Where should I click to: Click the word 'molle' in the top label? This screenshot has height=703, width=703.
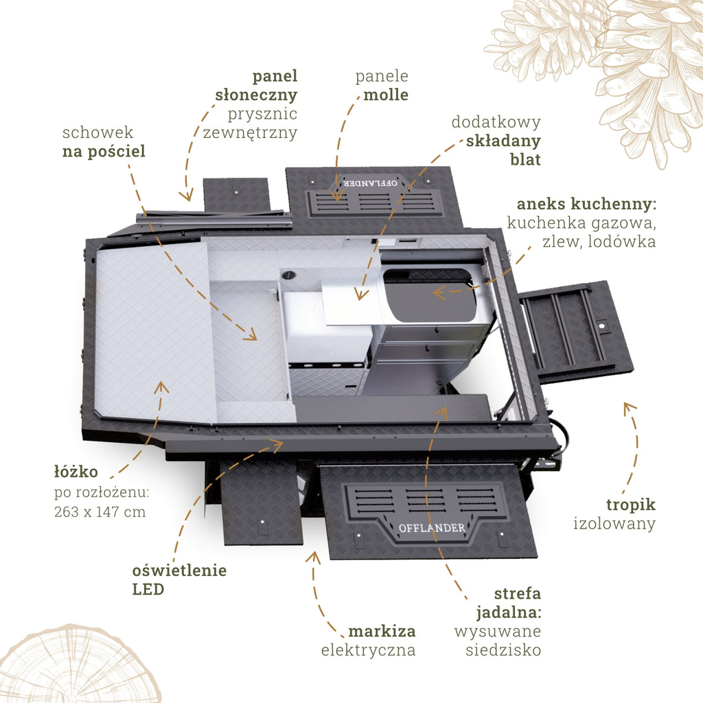coord(386,95)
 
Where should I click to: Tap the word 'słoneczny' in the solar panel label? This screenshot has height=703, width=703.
coord(256,95)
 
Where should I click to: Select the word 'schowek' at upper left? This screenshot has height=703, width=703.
coord(97,132)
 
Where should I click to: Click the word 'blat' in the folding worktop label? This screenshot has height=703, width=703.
coord(525,159)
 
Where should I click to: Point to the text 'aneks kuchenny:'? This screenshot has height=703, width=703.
coord(586,204)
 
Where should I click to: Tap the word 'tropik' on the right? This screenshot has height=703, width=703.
coord(631,505)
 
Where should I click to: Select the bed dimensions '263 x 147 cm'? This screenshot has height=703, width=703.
coord(100,511)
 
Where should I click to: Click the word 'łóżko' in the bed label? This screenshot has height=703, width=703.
coord(76,472)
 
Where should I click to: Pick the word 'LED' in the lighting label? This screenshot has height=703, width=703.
coord(148,589)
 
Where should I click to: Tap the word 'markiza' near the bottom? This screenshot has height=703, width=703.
coord(382,632)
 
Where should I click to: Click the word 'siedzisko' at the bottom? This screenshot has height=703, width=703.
coord(503,650)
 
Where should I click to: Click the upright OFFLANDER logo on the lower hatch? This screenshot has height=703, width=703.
coord(432,528)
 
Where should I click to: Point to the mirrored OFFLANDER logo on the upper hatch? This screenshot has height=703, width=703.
coord(370,183)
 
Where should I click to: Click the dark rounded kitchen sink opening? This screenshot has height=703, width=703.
coord(430,295)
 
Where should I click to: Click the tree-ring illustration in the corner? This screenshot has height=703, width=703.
coord(77,665)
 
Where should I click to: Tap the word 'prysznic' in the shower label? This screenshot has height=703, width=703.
coord(262,114)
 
